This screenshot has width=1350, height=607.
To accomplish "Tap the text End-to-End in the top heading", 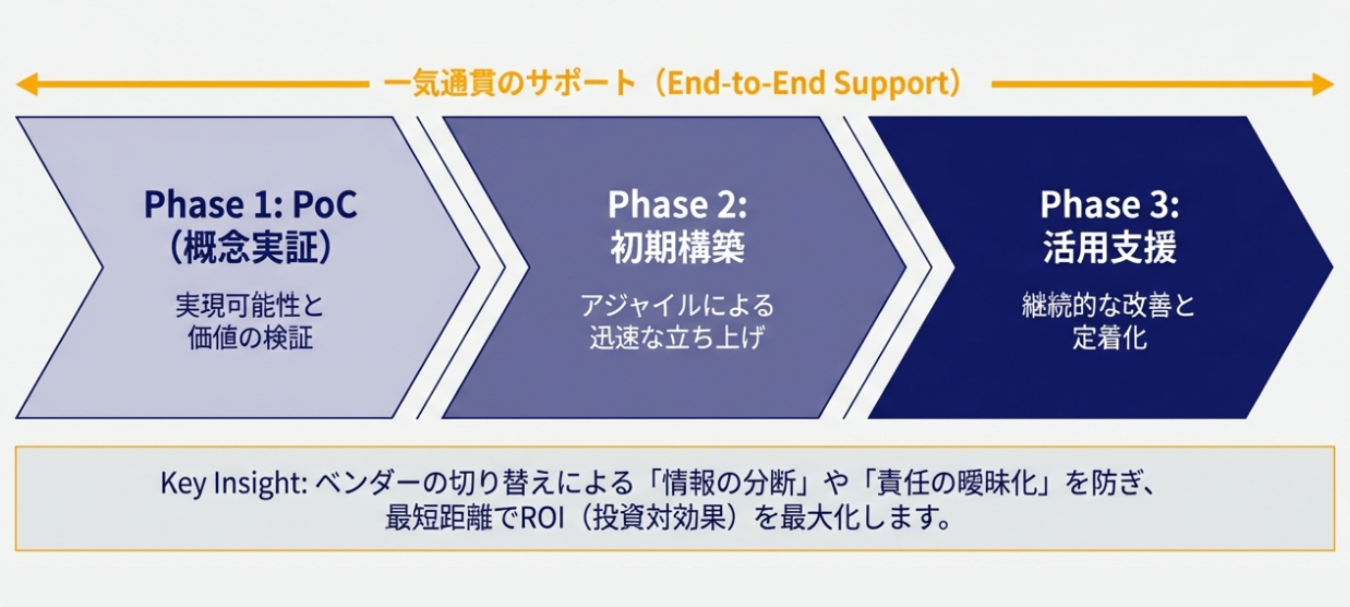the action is click(x=745, y=84).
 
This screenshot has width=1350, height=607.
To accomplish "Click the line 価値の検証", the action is click(x=251, y=337).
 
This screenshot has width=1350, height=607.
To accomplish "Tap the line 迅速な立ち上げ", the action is click(x=677, y=337).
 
